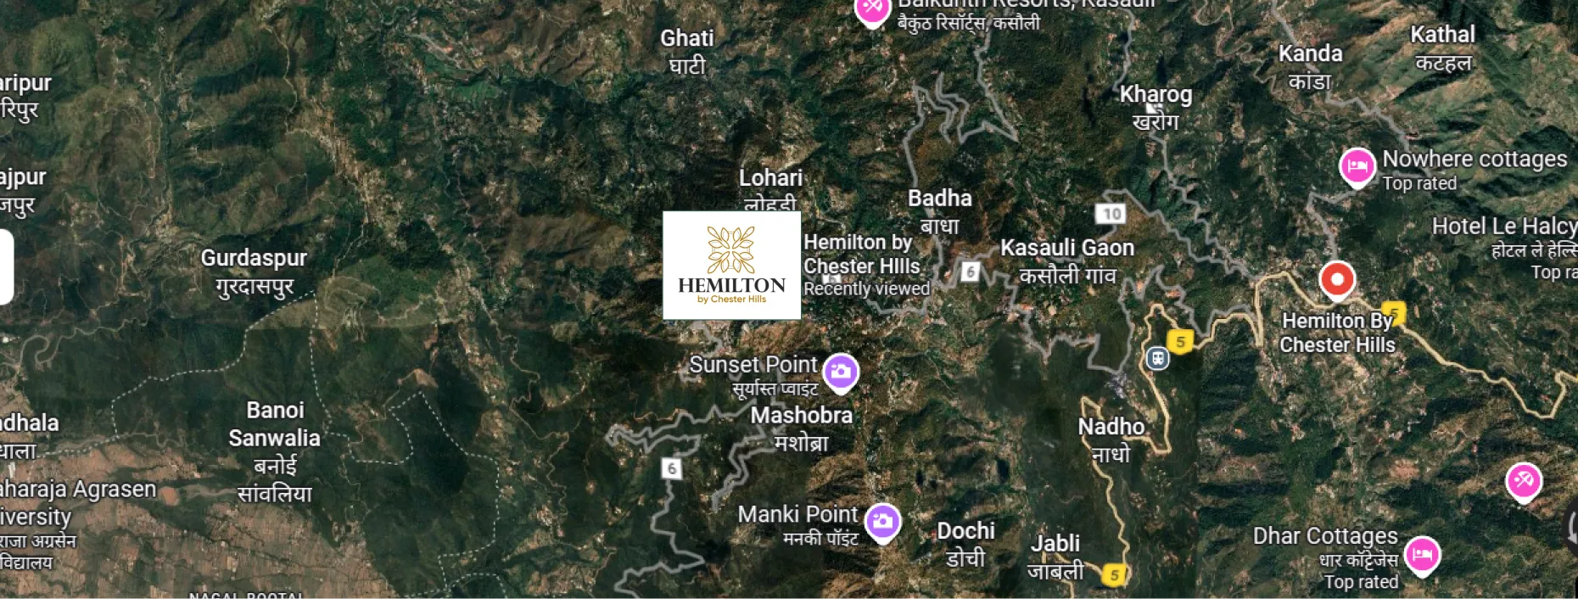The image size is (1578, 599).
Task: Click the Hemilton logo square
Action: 731,265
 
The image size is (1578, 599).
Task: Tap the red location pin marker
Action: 1337,279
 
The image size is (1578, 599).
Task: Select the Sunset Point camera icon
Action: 841,372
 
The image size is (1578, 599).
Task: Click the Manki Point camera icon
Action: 882,521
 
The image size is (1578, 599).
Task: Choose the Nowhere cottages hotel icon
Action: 1357,166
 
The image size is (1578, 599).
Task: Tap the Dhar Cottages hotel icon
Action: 1422,555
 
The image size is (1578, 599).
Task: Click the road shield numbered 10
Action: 1111,214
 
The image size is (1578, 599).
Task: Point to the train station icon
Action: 1157,358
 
